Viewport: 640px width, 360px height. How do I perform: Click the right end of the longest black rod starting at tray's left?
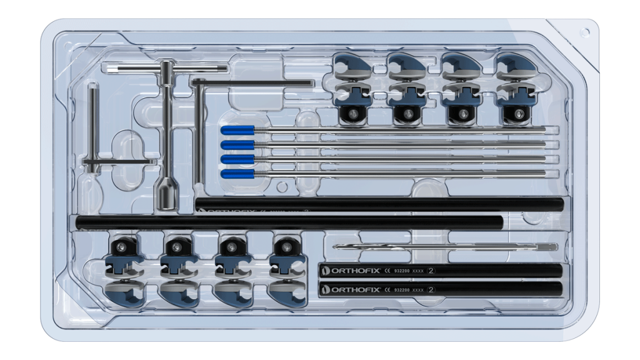(500, 221)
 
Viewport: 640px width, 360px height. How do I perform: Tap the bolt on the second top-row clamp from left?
(407, 114)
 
